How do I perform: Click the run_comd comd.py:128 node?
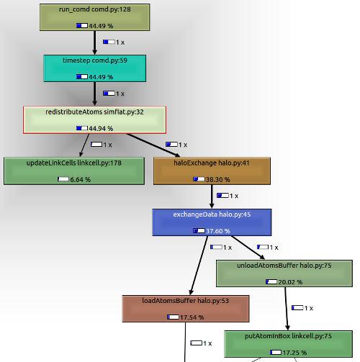(94, 17)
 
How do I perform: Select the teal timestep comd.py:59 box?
(94, 69)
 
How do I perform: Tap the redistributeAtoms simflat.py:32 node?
(94, 120)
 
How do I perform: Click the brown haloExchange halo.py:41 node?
(212, 171)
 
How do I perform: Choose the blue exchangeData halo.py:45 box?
(212, 222)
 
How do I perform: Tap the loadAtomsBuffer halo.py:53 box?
(186, 308)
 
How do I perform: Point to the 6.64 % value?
(80, 179)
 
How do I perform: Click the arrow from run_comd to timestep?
(94, 42)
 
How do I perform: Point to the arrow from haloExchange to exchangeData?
(212, 196)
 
